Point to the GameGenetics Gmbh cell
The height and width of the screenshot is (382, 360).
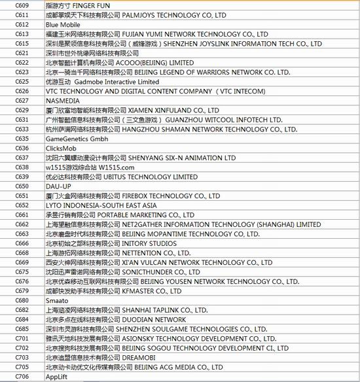point(78,139)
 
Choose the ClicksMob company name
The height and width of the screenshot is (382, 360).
point(62,148)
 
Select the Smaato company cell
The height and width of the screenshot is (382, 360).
point(57,300)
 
